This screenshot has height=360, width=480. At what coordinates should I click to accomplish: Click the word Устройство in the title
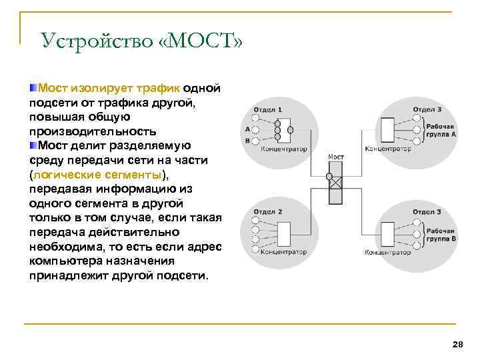[x=96, y=41]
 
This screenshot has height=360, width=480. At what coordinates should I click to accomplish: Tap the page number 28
[x=457, y=344]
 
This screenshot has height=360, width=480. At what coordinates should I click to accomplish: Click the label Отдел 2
[x=267, y=211]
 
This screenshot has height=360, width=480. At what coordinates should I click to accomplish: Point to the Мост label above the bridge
[x=335, y=157]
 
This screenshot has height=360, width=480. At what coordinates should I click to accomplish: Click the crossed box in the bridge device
[x=336, y=182]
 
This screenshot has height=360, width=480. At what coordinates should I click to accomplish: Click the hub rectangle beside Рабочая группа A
[x=387, y=129]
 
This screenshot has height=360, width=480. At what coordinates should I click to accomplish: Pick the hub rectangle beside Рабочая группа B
[x=387, y=233]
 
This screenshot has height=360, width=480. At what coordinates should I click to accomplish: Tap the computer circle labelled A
[x=257, y=129]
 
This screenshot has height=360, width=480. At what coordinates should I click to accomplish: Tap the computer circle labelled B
[x=257, y=141]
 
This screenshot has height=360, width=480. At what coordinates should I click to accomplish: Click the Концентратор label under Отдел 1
[x=283, y=149]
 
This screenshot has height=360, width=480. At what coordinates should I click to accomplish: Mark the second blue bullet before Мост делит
[x=33, y=145]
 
